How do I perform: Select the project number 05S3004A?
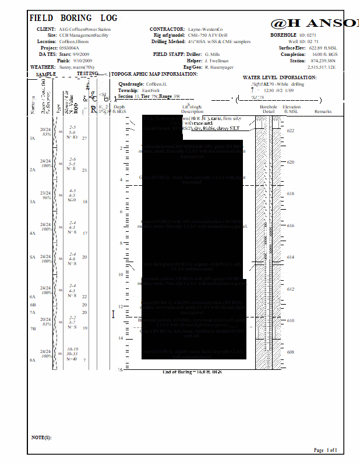(x=69, y=48)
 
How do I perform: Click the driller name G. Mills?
(x=213, y=54)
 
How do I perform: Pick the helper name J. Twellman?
(x=217, y=61)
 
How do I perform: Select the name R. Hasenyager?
(x=223, y=67)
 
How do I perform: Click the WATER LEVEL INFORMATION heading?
(x=279, y=77)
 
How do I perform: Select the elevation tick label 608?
(x=291, y=352)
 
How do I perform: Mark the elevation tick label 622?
(x=291, y=131)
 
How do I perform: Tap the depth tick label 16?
(x=119, y=370)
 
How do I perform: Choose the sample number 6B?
(x=33, y=305)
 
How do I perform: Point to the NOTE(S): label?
(x=41, y=437)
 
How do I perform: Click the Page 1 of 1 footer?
(x=325, y=450)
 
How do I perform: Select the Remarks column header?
(x=323, y=111)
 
